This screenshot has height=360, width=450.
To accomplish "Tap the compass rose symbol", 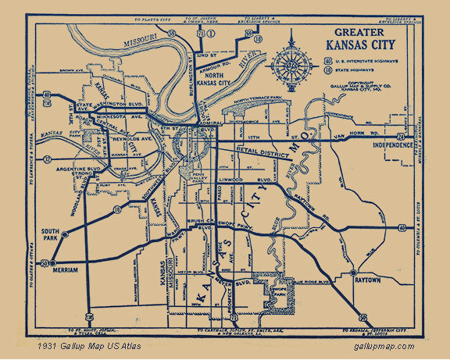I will point(291,62).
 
